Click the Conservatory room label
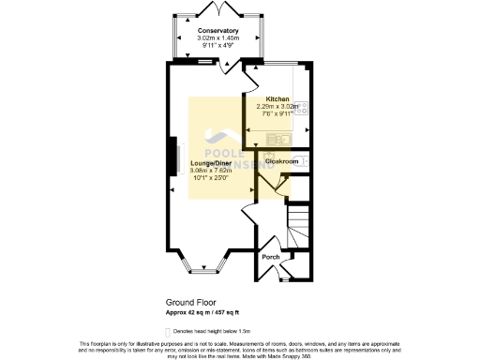point(217,31)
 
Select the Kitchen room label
point(277,99)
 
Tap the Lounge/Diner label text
point(210,163)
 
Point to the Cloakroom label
point(281,161)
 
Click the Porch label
point(270,257)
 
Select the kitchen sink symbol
point(278,140)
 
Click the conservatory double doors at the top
point(217,10)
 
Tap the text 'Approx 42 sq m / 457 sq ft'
point(203,312)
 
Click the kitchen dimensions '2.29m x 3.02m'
point(277,107)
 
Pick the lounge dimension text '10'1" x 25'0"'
point(210,178)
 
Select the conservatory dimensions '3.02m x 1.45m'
point(217,38)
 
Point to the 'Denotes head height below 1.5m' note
point(222,329)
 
